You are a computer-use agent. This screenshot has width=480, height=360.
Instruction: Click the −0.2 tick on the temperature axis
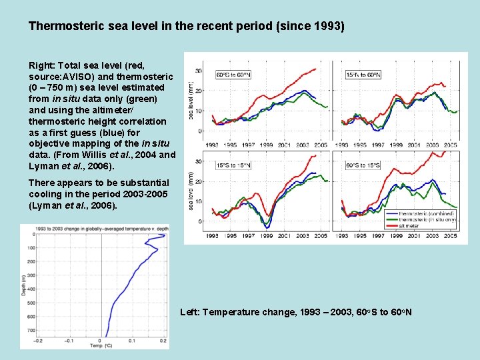point(39,340)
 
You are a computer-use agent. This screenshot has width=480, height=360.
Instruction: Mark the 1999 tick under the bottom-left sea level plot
point(266,236)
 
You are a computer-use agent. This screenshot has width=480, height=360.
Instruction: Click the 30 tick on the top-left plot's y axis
point(199,71)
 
